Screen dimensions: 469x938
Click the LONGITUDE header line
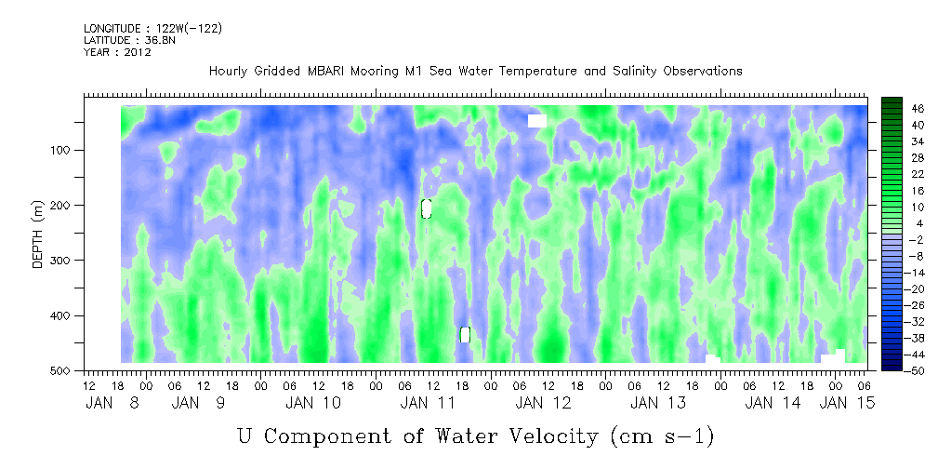pyautogui.click(x=152, y=29)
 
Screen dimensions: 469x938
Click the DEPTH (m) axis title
pyautogui.click(x=38, y=238)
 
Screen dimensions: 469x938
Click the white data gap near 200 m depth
pyautogui.click(x=426, y=208)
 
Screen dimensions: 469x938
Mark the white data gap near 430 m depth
pyautogui.click(x=465, y=335)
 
